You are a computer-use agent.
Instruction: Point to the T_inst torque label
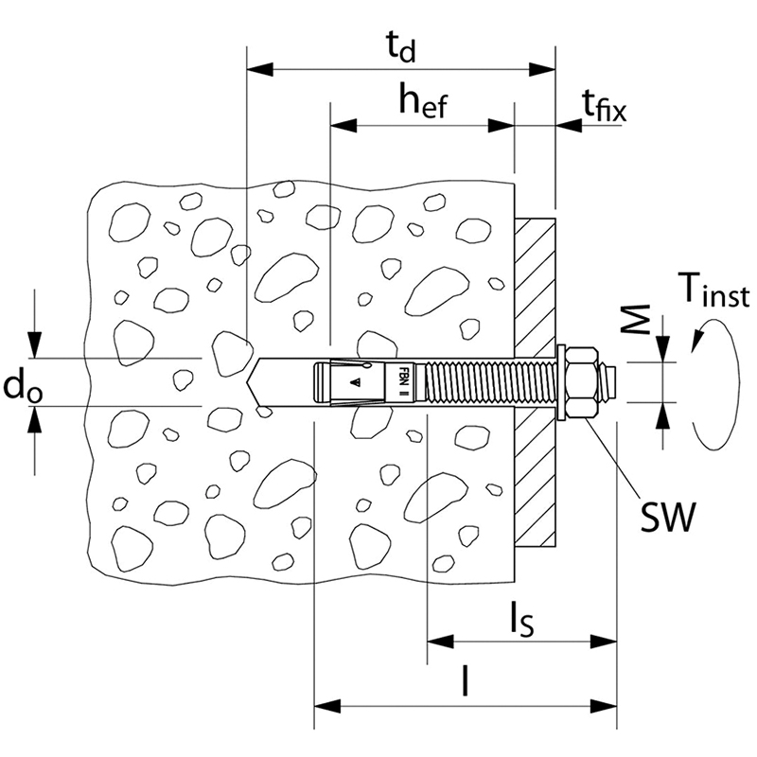coord(713,290)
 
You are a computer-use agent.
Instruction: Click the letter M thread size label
coord(635,319)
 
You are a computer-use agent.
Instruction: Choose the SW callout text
coord(669,517)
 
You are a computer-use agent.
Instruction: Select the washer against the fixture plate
coord(561,382)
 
